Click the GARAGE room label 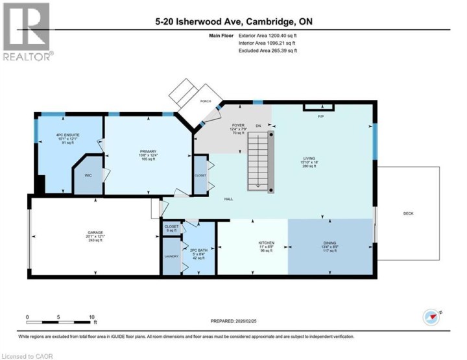click(x=95, y=232)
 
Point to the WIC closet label click(x=88, y=174)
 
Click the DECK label click(x=408, y=213)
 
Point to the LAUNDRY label click(x=171, y=257)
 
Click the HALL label click(x=228, y=198)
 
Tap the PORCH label click(x=206, y=101)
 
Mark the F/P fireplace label click(x=320, y=116)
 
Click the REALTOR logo click(x=27, y=32)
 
